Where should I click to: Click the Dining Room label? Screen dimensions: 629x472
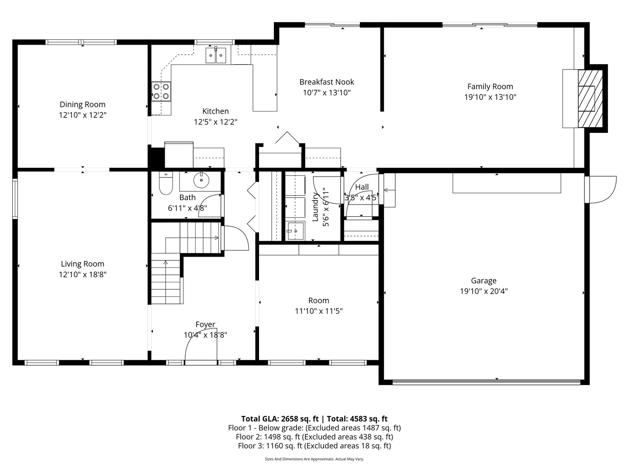coord(83,104)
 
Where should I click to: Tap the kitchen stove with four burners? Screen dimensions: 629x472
coord(161,91)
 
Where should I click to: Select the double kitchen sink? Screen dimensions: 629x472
coord(215,56)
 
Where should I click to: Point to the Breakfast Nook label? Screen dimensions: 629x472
coord(327,82)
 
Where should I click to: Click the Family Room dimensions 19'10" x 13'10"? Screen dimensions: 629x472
coord(490,97)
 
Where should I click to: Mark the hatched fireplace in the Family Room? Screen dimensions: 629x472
coord(590,99)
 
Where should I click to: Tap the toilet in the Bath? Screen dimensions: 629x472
coord(166,183)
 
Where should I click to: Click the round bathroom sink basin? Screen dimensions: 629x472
coord(201,180)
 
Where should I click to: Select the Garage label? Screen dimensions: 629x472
coord(484,281)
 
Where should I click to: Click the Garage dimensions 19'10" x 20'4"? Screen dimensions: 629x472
coord(484,291)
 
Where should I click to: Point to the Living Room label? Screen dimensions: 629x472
coord(83,264)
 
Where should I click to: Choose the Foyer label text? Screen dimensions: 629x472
coord(205,324)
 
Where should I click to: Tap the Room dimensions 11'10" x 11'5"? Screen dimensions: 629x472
coord(319,311)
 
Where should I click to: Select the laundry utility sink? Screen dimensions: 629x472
coord(296,231)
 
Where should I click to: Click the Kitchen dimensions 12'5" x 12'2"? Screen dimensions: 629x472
coord(215,122)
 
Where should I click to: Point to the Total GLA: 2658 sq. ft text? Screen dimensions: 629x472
coord(280,419)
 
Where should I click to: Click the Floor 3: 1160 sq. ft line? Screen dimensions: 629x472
coord(314,446)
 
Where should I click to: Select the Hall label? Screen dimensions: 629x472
coord(362,187)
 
